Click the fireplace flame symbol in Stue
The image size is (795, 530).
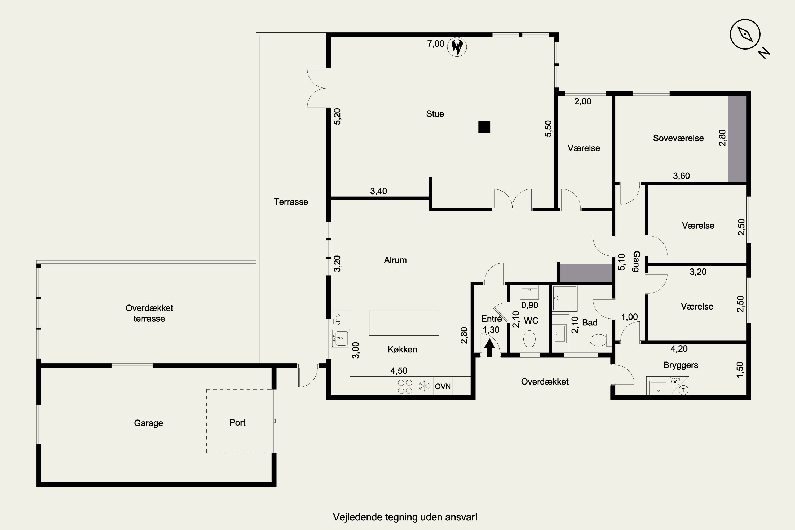[x=457, y=47]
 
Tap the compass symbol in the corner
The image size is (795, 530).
[x=745, y=34]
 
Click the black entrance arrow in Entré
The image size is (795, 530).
[x=489, y=348]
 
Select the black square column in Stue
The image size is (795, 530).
[x=484, y=127]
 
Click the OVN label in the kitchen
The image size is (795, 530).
[x=443, y=386]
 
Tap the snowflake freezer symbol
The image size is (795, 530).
[x=424, y=386]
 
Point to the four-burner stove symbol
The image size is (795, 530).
[x=405, y=386]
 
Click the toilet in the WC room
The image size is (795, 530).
[x=529, y=339]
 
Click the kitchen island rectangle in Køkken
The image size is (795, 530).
[x=404, y=323]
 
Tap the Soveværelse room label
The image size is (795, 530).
[x=678, y=138]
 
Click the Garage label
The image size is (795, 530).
[x=148, y=423]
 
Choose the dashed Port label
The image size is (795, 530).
[x=237, y=422]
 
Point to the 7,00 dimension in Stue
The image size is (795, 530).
[x=436, y=44]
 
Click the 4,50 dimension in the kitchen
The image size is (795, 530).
[x=399, y=371]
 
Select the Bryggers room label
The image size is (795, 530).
[x=681, y=365]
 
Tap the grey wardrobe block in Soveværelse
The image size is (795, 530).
[x=737, y=139]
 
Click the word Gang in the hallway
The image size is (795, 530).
[x=636, y=261]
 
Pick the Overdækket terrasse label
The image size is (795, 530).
[x=149, y=313]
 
